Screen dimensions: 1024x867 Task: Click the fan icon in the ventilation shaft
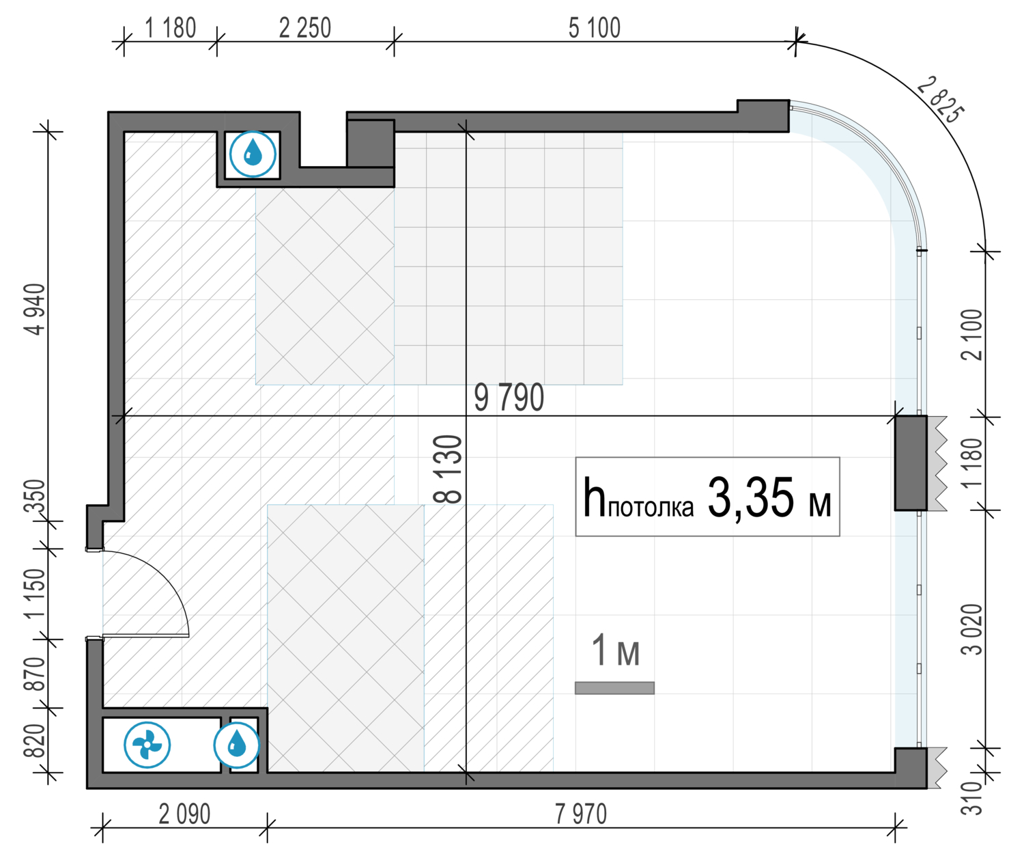(x=147, y=745)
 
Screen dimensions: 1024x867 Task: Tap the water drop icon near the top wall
(x=253, y=154)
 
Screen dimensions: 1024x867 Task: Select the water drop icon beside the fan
(x=236, y=745)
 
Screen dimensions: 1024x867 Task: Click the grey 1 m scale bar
(x=614, y=688)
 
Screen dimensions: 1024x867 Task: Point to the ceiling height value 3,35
(x=751, y=498)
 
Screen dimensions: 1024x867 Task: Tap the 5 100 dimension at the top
(x=595, y=28)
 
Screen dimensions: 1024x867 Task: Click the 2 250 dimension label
(x=304, y=28)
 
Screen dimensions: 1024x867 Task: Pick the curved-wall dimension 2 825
(x=940, y=100)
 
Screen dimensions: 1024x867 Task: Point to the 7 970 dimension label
(x=581, y=814)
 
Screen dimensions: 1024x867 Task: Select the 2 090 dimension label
(x=184, y=814)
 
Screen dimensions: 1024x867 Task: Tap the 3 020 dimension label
(x=971, y=629)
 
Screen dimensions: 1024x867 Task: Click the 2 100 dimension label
(x=971, y=335)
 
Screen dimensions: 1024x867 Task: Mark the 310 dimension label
(x=971, y=799)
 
